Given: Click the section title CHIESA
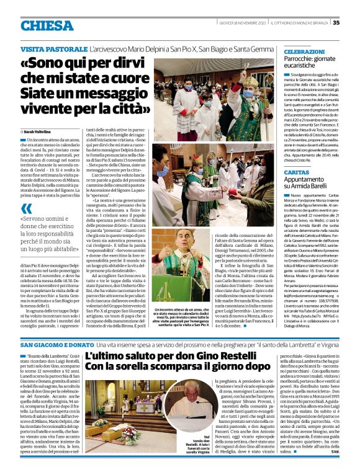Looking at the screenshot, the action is [x=46, y=25].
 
